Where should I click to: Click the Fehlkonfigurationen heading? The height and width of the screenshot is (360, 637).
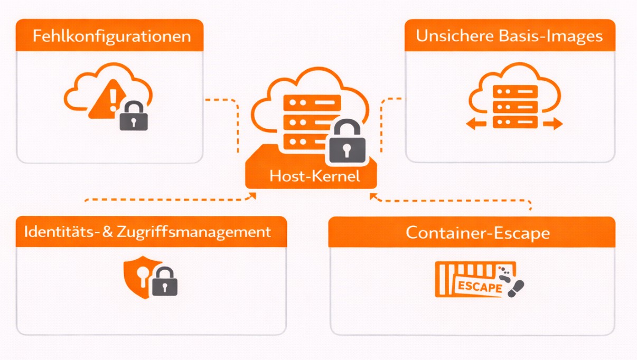pyautogui.click(x=111, y=36)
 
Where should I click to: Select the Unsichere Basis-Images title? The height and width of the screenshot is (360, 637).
pyautogui.click(x=509, y=36)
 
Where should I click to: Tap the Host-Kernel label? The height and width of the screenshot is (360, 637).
pyautogui.click(x=314, y=176)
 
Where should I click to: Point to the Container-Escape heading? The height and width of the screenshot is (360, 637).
pyautogui.click(x=477, y=233)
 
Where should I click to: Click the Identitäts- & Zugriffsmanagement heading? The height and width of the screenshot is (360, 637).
pyautogui.click(x=147, y=232)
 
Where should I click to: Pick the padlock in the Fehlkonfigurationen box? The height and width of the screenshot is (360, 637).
pyautogui.click(x=134, y=117)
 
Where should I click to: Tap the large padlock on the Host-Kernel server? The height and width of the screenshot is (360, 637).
pyautogui.click(x=347, y=144)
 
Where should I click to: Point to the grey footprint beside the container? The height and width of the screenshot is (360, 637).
pyautogui.click(x=514, y=287)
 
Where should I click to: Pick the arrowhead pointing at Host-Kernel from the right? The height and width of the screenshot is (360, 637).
pyautogui.click(x=373, y=196)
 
